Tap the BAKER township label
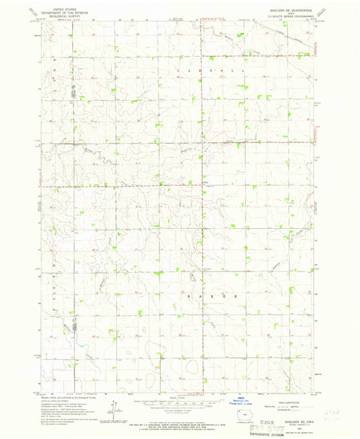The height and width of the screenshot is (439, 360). click(209, 296)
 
